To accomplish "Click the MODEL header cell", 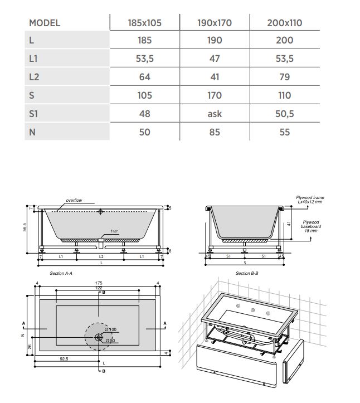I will pyautogui.click(x=44, y=23).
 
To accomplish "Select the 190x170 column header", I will pyautogui.click(x=214, y=23).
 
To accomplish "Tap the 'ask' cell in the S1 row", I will pyautogui.click(x=214, y=113).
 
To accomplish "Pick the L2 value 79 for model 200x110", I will pyautogui.click(x=284, y=77).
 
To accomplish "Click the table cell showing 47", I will pyautogui.click(x=214, y=59).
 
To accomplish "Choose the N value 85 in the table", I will pyautogui.click(x=214, y=132).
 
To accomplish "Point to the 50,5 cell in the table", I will pyautogui.click(x=284, y=113).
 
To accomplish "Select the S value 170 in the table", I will pyautogui.click(x=214, y=95).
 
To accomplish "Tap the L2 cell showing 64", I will pyautogui.click(x=144, y=77).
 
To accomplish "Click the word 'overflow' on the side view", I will pyautogui.click(x=74, y=200).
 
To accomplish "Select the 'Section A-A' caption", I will pyautogui.click(x=61, y=274).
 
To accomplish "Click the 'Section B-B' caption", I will pyautogui.click(x=246, y=274).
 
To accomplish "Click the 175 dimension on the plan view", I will pyautogui.click(x=99, y=283).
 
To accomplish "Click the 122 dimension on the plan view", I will pyautogui.click(x=99, y=288).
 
